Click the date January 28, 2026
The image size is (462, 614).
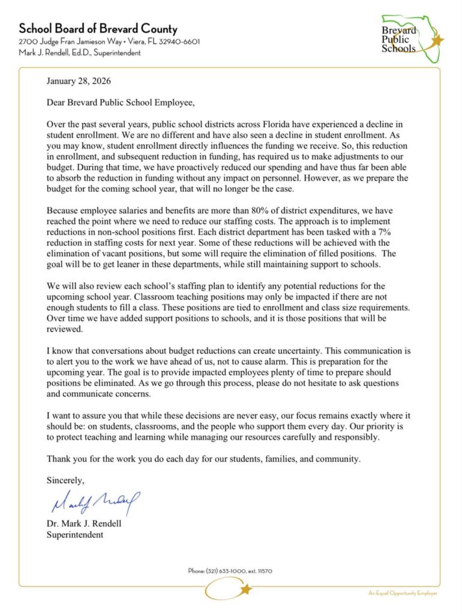pos(78,80)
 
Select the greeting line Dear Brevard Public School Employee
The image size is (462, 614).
pos(121,103)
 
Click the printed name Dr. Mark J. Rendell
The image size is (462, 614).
pos(83,523)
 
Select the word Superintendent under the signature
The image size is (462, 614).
pos(74,535)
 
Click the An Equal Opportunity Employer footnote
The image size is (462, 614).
pos(403,593)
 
